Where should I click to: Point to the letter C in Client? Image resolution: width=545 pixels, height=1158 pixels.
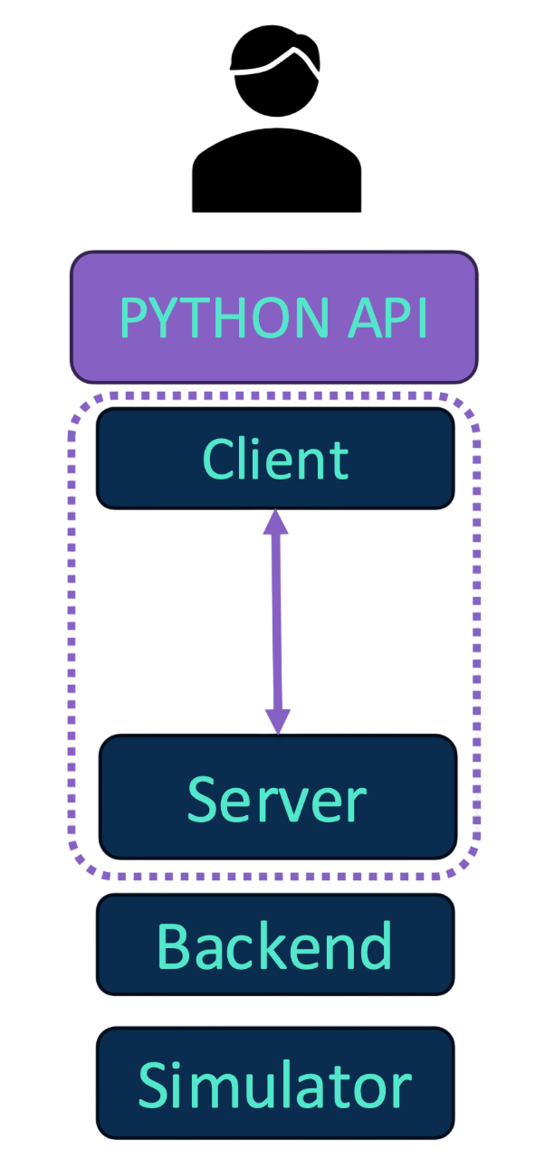click(217, 460)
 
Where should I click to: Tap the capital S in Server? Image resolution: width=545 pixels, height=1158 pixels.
click(205, 800)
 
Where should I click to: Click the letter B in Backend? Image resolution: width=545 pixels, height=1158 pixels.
click(174, 946)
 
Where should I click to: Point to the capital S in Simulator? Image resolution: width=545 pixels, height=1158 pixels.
click(155, 1085)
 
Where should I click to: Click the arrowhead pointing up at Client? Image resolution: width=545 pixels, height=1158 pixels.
click(276, 522)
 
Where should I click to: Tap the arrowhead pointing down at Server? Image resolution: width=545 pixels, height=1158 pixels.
click(277, 720)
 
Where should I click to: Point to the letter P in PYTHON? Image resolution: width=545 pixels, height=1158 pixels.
click(133, 318)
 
